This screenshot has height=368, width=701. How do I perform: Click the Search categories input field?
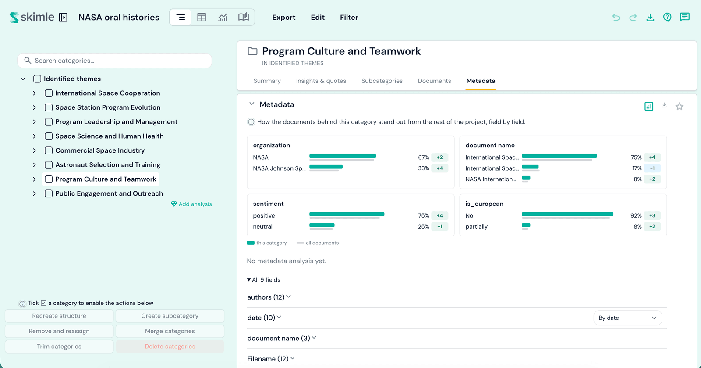tap(114, 61)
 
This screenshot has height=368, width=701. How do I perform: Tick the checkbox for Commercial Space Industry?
tap(49, 150)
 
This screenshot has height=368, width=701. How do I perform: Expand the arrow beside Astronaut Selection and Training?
tap(35, 165)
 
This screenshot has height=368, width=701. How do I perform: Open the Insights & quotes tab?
tap(321, 81)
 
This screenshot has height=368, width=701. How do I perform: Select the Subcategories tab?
tap(382, 81)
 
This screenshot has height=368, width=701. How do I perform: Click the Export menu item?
tap(283, 17)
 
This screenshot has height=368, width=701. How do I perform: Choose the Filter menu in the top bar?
tap(349, 17)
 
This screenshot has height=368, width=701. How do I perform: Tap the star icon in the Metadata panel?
tap(679, 107)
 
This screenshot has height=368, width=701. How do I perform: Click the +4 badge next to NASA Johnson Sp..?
tap(439, 168)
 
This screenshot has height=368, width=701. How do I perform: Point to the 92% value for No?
tap(636, 215)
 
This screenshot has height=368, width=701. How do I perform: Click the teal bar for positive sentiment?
tap(347, 214)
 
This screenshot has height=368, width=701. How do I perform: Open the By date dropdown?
tap(627, 318)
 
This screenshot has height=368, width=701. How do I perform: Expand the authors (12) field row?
tap(269, 297)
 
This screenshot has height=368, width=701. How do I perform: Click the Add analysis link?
tap(191, 204)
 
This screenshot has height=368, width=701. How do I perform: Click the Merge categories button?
tap(170, 331)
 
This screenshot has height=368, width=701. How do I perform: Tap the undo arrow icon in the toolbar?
tap(616, 17)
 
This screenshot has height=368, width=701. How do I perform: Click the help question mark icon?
tap(667, 17)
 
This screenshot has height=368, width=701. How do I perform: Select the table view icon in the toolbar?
tap(202, 17)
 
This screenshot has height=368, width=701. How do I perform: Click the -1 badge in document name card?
tap(652, 168)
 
